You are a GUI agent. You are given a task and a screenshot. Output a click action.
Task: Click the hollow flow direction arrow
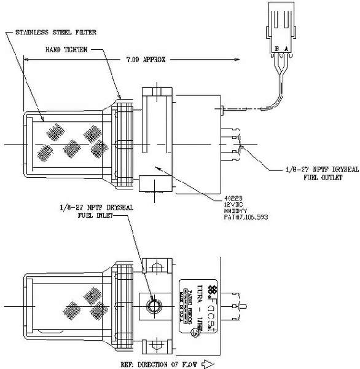[207, 363]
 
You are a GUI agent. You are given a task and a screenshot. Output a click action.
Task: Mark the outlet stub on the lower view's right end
[241, 305]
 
